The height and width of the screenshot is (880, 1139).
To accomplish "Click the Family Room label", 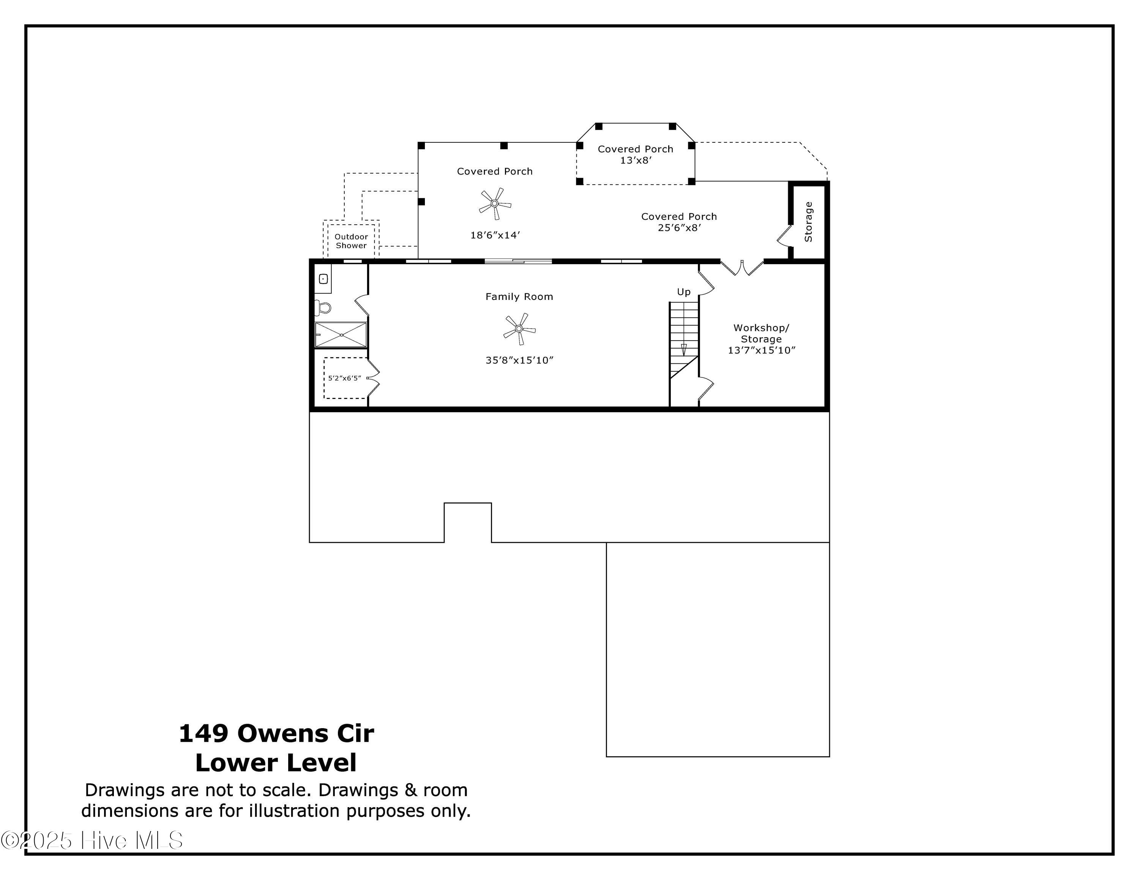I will coord(519,296).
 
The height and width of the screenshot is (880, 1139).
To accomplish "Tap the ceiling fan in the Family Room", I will coord(519,329).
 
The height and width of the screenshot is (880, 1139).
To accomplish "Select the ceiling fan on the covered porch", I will coord(494,203).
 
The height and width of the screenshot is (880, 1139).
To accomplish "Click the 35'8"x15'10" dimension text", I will coord(519,360).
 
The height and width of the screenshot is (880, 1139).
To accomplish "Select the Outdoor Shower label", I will coord(351,241).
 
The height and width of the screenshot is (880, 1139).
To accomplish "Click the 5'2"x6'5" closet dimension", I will coord(344,378).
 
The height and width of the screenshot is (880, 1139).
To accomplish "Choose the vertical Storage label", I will coord(808,222).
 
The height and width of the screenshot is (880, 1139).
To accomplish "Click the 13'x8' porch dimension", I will coord(635,161).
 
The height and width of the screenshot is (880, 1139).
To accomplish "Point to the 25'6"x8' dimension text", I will coord(679,228).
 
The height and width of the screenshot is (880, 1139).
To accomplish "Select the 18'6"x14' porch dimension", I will coord(495,235).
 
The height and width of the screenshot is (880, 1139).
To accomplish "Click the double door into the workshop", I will coord(741,267).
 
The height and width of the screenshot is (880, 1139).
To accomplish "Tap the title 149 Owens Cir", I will coord(276,733).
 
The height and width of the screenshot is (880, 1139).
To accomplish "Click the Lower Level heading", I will coord(276,763).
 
